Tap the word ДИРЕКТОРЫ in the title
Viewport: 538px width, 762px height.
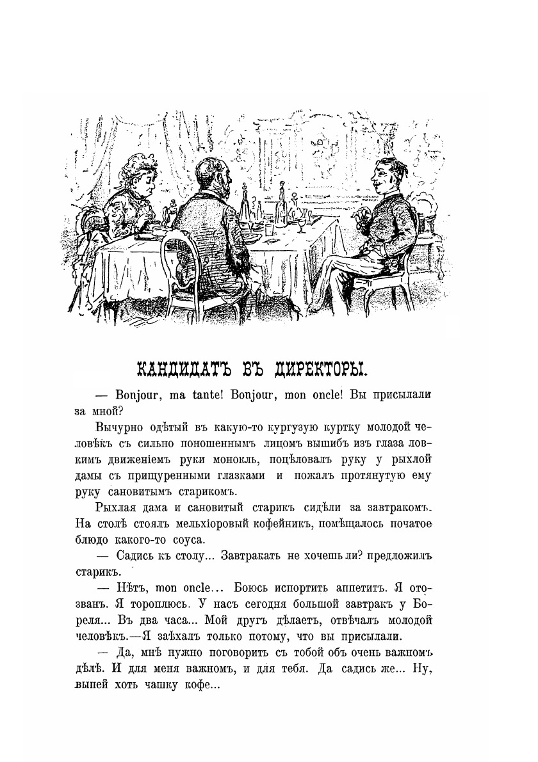[x=316, y=369]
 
